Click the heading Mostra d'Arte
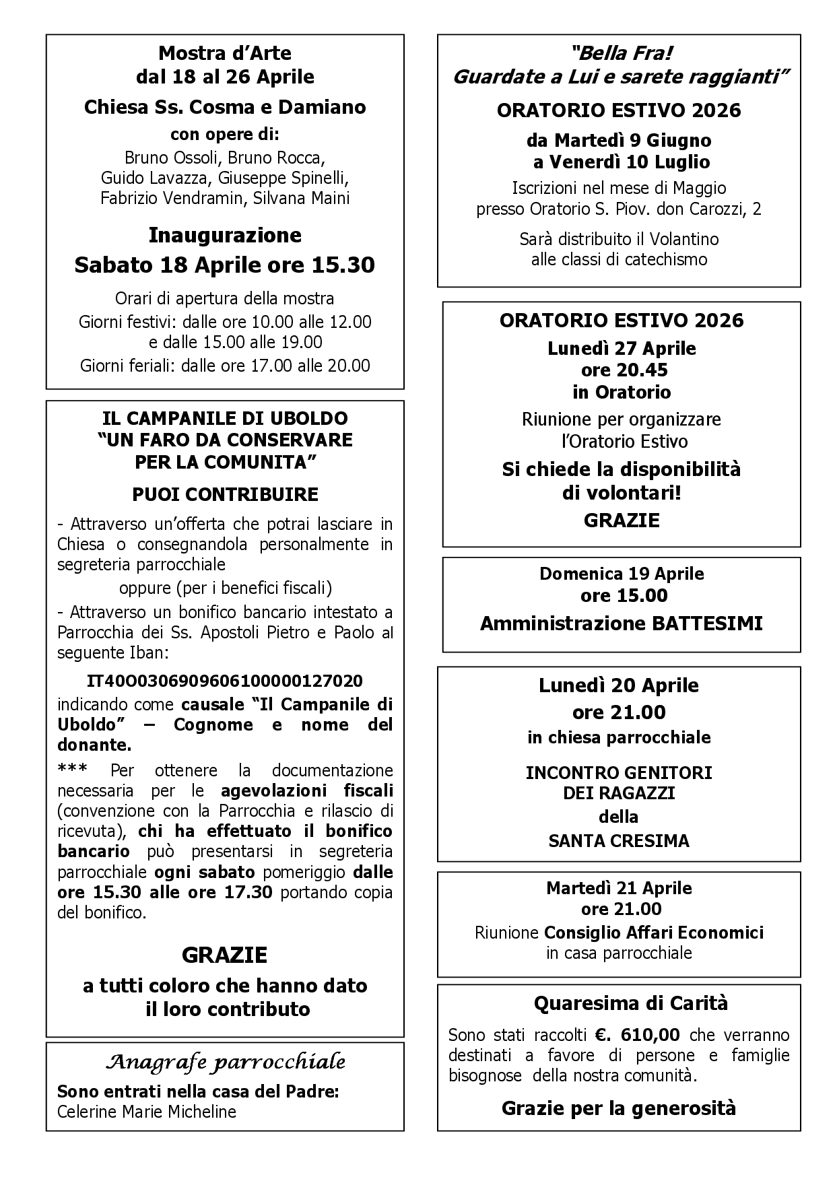(225, 53)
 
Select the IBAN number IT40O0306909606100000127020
(225, 680)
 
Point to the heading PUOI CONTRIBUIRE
(225, 494)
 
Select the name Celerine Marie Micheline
(146, 1111)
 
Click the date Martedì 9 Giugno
(619, 141)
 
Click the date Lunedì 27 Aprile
(621, 349)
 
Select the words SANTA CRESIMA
(619, 840)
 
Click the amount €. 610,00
(637, 1034)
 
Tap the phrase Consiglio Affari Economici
(653, 933)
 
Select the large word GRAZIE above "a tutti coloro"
(225, 955)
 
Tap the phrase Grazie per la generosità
(619, 1108)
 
